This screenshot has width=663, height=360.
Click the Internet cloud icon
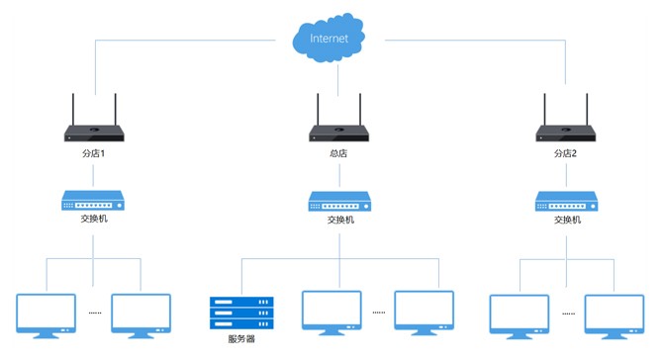[329, 38]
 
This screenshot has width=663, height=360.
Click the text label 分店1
[93, 153]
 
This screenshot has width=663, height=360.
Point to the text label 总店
[338, 153]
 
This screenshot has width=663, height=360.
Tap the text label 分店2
[565, 153]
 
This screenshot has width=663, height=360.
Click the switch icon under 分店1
[93, 201]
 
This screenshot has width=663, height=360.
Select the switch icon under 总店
[339, 202]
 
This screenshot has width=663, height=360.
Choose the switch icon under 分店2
[567, 202]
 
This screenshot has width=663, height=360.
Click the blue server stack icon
[241, 313]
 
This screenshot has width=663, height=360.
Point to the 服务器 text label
[241, 339]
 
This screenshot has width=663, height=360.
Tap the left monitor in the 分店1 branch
[47, 315]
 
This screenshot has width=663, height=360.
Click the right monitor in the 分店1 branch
[141, 315]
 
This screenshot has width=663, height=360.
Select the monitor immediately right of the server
[331, 313]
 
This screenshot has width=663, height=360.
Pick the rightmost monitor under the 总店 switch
[425, 313]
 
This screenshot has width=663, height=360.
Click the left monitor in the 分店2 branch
[520, 316]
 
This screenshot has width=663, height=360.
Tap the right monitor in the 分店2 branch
[615, 316]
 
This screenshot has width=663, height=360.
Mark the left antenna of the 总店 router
[318, 110]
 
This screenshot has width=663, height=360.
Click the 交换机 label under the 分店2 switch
[567, 220]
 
